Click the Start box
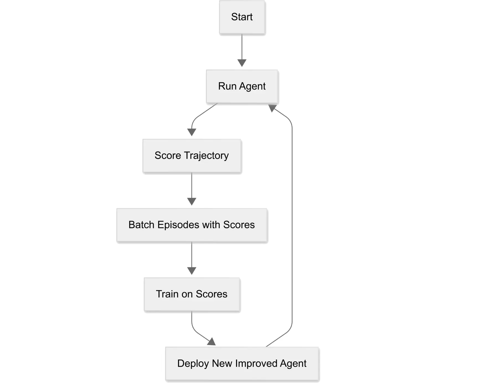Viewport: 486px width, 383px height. coord(242,17)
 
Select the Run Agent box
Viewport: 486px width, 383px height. coord(242,86)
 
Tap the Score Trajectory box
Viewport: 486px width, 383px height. coord(192,156)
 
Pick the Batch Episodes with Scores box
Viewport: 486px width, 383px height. coord(192,225)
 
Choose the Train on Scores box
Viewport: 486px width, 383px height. coord(192,294)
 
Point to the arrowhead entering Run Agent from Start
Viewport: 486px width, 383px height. coord(242,63)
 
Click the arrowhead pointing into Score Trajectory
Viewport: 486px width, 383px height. coord(192,132)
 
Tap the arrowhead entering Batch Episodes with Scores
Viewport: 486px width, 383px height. coord(192,201)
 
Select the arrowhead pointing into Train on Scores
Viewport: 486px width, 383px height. coord(192,271)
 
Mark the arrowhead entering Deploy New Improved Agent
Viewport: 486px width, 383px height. coord(212,342)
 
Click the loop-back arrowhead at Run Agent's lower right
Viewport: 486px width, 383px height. coord(272,108)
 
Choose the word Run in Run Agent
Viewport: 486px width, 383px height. coord(227,86)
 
